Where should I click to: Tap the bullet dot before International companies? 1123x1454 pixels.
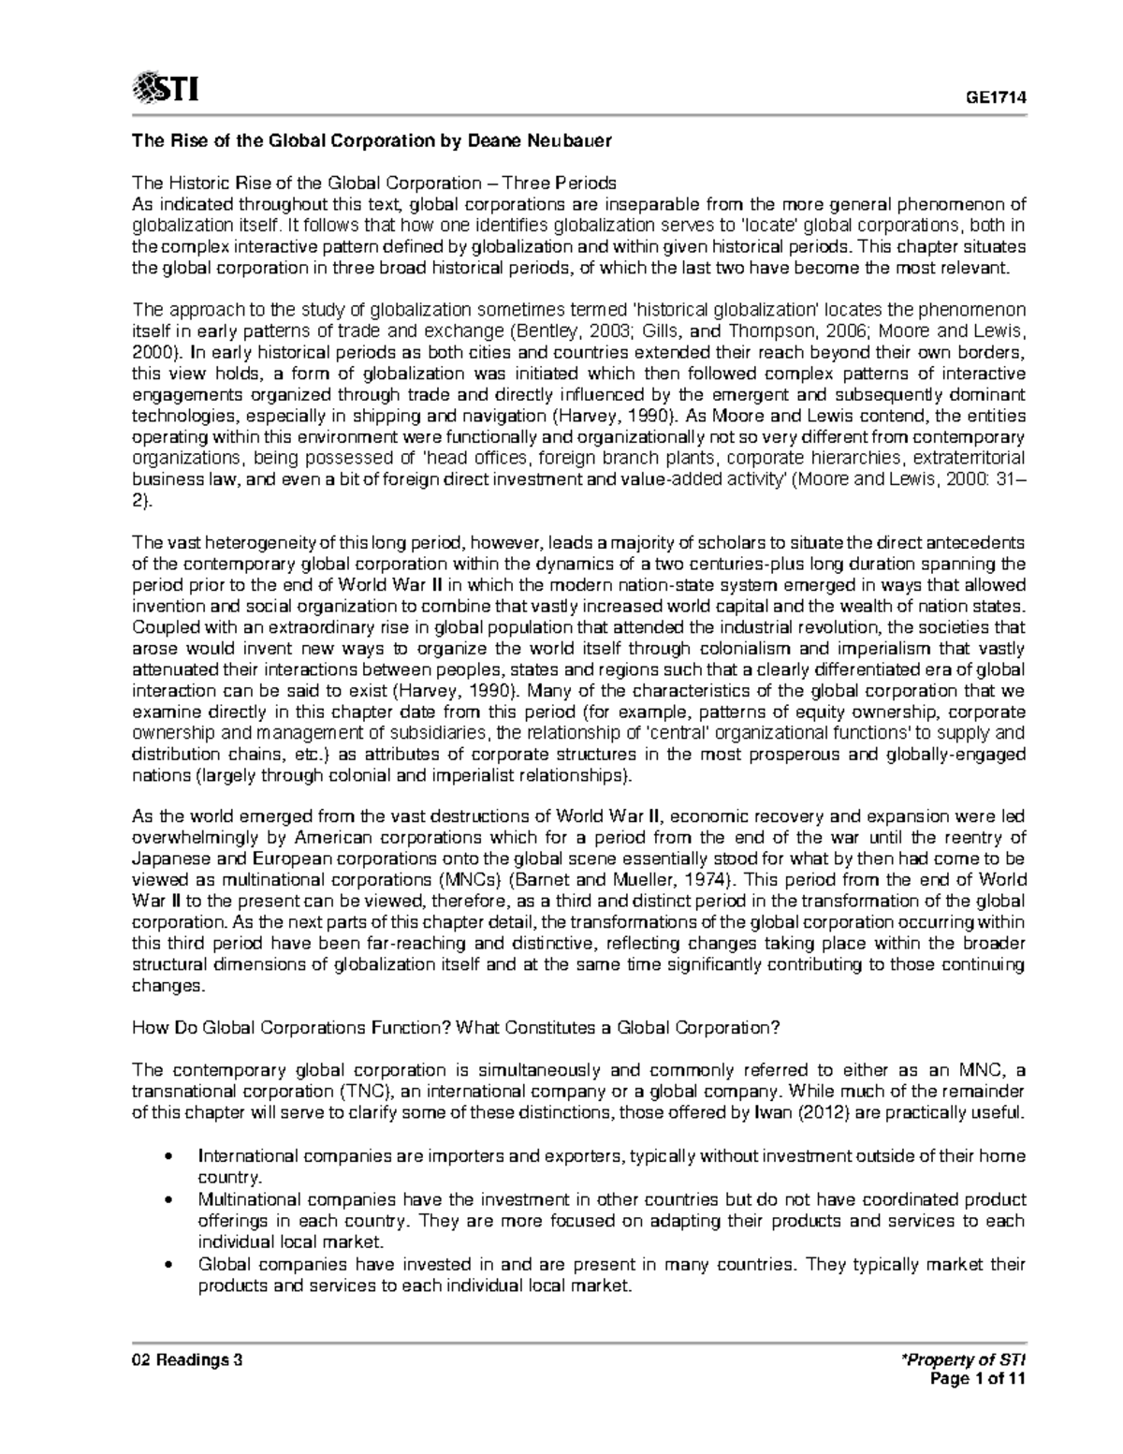[x=167, y=1156]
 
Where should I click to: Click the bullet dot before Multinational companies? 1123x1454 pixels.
[x=167, y=1199]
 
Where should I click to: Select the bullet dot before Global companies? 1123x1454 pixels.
[x=167, y=1265]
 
